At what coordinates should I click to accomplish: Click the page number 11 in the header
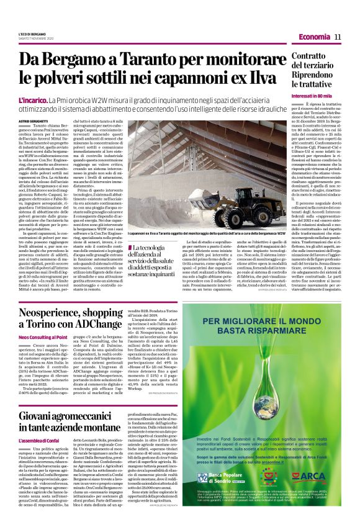pyautogui.click(x=338, y=37)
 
